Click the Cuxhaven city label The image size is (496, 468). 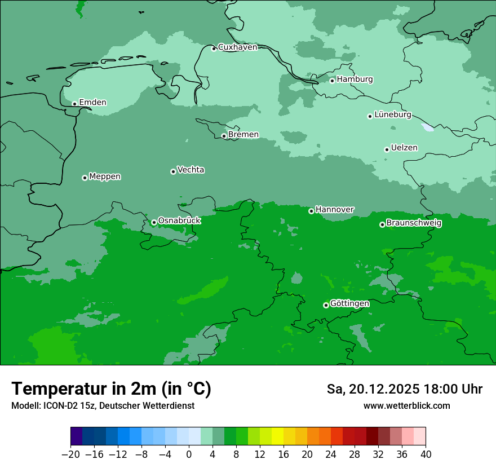coord(237,47)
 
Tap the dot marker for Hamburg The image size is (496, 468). coord(333,81)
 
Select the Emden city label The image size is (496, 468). coord(92,103)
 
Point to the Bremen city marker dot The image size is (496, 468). coord(224,136)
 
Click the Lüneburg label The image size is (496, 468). coord(393,115)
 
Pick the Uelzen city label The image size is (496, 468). coord(404,148)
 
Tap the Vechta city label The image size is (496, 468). coord(191,170)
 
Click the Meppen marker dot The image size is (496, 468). coord(85,178)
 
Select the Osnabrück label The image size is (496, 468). coord(179,221)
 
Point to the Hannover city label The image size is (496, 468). coord(335,210)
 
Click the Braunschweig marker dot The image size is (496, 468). coord(382,224)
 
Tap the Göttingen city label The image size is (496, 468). coord(349,304)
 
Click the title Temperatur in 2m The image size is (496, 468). coord(112,389)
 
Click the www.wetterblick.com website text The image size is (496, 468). coord(406,406)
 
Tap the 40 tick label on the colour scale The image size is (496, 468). coord(426,454)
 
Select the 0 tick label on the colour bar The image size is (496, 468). coord(189,454)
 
